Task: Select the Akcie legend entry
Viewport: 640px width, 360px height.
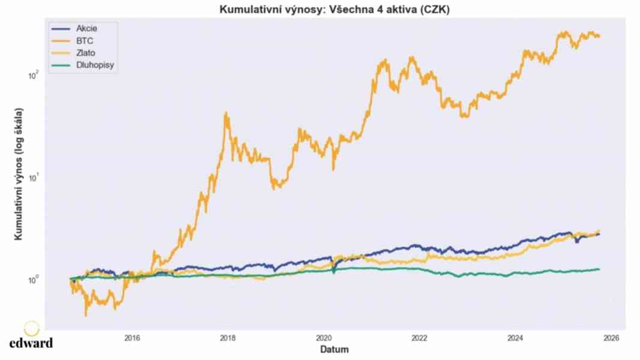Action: tap(86, 28)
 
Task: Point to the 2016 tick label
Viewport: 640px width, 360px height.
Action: tap(132, 338)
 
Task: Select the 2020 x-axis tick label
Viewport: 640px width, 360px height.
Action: tap(324, 338)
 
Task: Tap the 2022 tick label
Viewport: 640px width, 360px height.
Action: tap(420, 338)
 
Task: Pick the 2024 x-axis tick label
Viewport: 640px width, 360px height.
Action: tap(516, 338)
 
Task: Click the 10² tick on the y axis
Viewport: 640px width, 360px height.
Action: tap(34, 76)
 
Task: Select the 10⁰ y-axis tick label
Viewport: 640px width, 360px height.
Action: tap(34, 280)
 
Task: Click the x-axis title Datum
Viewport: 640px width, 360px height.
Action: tap(334, 349)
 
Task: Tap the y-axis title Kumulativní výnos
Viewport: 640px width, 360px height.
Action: tap(19, 175)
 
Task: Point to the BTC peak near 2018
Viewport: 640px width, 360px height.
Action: tap(226, 113)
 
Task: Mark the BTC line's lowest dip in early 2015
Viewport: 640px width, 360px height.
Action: tap(86, 315)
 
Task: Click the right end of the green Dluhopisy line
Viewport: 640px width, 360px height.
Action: tap(599, 269)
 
